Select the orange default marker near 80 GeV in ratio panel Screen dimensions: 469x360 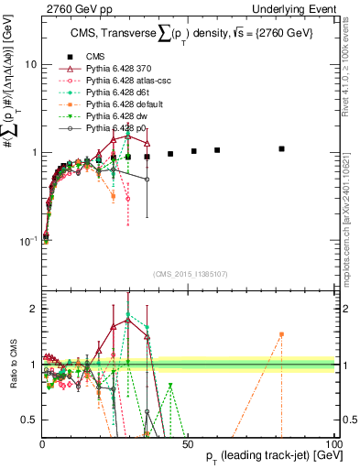(x=282, y=334)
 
